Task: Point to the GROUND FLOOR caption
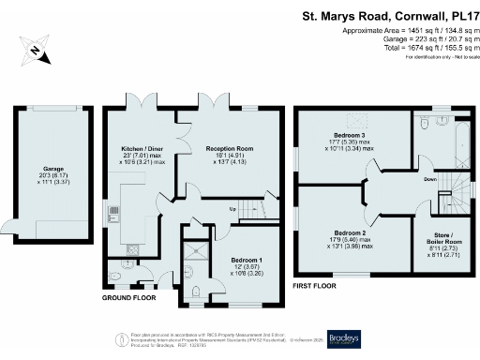[x=129, y=297]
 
